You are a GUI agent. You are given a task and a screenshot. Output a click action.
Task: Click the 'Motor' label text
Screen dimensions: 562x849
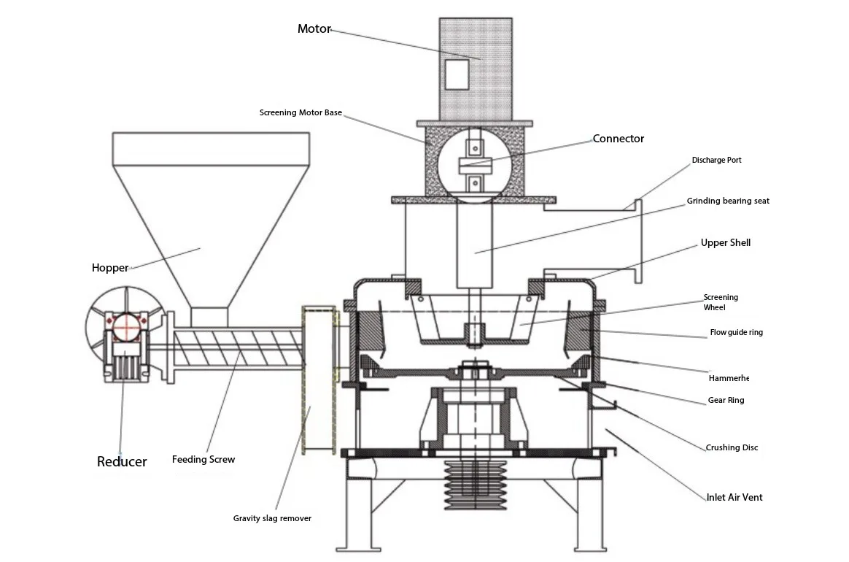pyautogui.click(x=314, y=29)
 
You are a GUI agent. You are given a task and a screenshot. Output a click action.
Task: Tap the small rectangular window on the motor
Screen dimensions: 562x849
pyautogui.click(x=457, y=74)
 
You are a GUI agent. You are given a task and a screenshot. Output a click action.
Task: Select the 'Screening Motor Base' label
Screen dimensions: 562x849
pyautogui.click(x=301, y=113)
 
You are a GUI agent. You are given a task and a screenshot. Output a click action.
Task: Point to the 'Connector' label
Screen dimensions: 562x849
pyautogui.click(x=618, y=139)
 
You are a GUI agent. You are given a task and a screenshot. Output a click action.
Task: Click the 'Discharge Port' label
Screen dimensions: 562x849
pyautogui.click(x=716, y=160)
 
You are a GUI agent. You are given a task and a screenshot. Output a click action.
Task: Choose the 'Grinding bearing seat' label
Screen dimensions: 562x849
pyautogui.click(x=727, y=201)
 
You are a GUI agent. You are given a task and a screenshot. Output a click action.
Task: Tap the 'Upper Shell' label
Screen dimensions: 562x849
pyautogui.click(x=725, y=242)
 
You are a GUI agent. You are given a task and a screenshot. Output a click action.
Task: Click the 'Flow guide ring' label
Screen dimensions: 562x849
pyautogui.click(x=736, y=333)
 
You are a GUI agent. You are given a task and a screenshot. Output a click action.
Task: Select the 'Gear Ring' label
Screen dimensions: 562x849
pyautogui.click(x=726, y=400)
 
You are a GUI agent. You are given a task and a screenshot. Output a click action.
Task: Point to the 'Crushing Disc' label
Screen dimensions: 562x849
pyautogui.click(x=732, y=447)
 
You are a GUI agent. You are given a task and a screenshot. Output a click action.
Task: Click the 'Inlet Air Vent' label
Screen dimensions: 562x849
pyautogui.click(x=734, y=497)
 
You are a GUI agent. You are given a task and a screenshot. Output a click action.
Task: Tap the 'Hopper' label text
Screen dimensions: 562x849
pyautogui.click(x=110, y=268)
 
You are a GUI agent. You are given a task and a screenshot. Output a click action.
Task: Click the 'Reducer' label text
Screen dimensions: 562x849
pyautogui.click(x=122, y=461)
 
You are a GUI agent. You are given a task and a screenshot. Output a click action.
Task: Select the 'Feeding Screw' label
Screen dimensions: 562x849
pyautogui.click(x=203, y=460)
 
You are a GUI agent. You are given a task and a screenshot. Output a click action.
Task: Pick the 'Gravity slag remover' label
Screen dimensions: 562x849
pyautogui.click(x=272, y=518)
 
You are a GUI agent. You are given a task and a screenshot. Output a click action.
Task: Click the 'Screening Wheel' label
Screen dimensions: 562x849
pyautogui.click(x=721, y=302)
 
